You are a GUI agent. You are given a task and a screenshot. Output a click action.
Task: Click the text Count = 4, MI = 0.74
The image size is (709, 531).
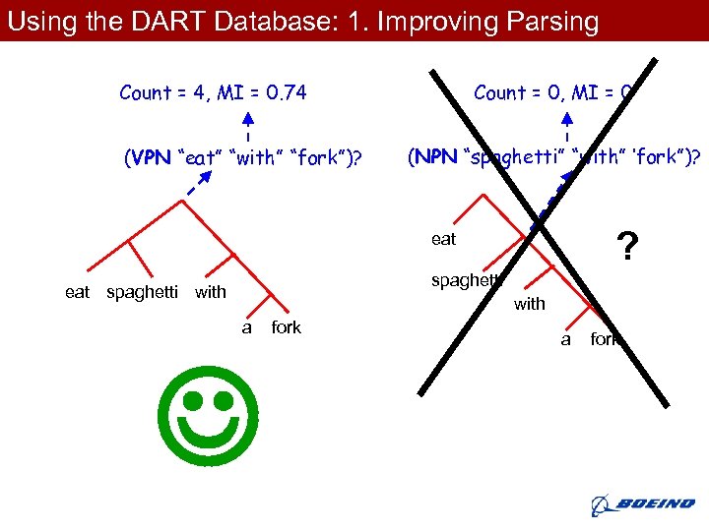coord(213,93)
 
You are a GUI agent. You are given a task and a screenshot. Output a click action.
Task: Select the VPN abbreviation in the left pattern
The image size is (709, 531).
coord(146,157)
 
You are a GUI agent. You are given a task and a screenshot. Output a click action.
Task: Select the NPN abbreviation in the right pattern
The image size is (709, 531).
coord(434,157)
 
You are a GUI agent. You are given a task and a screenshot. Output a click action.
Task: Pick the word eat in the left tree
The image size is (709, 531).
coord(78,292)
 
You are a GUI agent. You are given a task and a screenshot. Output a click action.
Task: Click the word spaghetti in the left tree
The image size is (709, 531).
coord(142,292)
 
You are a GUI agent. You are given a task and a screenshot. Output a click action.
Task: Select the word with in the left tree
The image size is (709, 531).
coord(211,292)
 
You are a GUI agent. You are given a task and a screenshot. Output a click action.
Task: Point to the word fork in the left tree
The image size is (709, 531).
coord(286,327)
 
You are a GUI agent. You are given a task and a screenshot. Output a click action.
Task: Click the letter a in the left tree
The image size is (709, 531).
coord(246,327)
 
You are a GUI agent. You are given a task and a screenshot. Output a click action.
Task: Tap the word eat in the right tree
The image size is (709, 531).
coord(443,239)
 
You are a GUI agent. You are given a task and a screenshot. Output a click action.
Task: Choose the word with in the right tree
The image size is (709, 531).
coord(529,304)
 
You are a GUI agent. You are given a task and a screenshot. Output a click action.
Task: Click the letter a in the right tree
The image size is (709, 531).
coord(565,339)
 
